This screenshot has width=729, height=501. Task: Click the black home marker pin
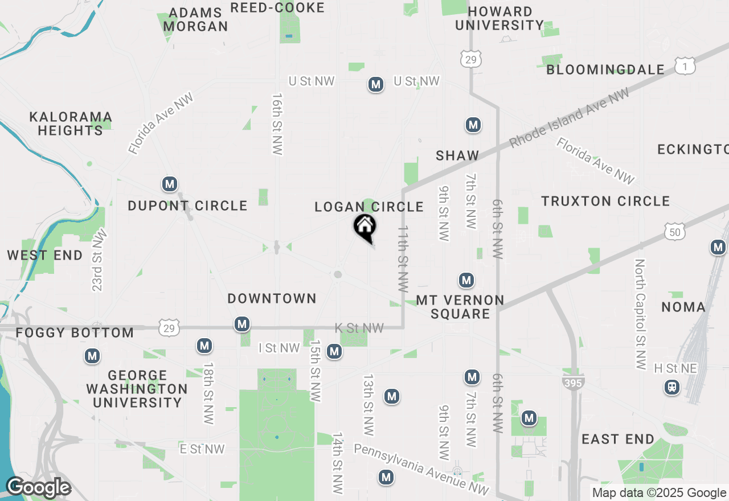click(364, 228)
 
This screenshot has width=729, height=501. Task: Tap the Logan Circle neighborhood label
click(369, 207)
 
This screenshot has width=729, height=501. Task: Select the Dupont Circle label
click(187, 206)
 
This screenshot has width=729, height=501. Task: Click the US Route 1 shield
click(685, 67)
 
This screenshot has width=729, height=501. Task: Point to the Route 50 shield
click(674, 231)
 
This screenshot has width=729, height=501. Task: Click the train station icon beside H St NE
click(672, 388)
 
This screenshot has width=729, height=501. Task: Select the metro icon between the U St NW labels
click(375, 85)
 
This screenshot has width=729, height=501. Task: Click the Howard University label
click(500, 18)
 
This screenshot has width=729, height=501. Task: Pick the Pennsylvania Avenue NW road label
click(421, 469)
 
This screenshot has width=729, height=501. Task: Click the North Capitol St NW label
click(641, 314)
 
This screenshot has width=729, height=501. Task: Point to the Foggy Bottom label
click(75, 332)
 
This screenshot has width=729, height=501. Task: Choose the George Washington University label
click(137, 389)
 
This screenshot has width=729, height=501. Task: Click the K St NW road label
click(359, 328)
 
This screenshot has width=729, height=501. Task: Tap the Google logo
click(38, 488)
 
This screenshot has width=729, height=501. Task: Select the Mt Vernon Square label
click(460, 307)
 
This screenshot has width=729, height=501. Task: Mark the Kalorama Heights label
click(71, 124)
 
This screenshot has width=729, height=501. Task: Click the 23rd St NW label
click(99, 260)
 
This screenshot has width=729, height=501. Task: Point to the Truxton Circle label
click(605, 201)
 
